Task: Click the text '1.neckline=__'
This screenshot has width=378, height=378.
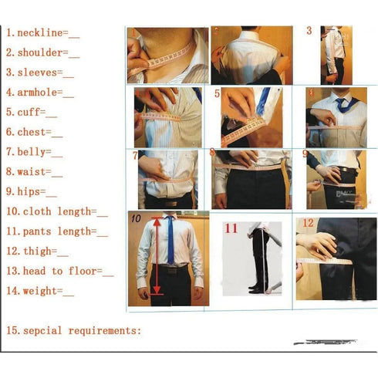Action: point(43,33)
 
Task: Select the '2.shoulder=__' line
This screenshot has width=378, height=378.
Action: point(43,53)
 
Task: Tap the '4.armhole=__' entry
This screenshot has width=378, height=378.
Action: point(41,93)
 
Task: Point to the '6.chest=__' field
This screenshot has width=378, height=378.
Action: point(35,133)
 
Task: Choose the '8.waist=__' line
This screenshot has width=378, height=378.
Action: point(35,172)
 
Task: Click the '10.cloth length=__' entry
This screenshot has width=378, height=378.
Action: point(57,211)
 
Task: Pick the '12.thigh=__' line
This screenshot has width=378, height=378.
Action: point(38,251)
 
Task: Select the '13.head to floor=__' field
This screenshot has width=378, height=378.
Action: point(60,271)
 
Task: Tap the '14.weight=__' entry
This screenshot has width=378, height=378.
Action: point(41,291)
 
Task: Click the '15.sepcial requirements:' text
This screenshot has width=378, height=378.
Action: point(74,330)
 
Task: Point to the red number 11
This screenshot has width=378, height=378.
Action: point(231,228)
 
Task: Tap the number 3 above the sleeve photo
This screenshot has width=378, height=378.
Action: point(309,31)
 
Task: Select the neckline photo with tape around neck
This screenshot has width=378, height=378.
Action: point(167,56)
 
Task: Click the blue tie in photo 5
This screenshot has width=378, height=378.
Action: point(264,100)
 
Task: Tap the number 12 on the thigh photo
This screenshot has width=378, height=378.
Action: point(308,224)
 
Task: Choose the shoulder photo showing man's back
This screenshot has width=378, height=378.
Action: point(251,56)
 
